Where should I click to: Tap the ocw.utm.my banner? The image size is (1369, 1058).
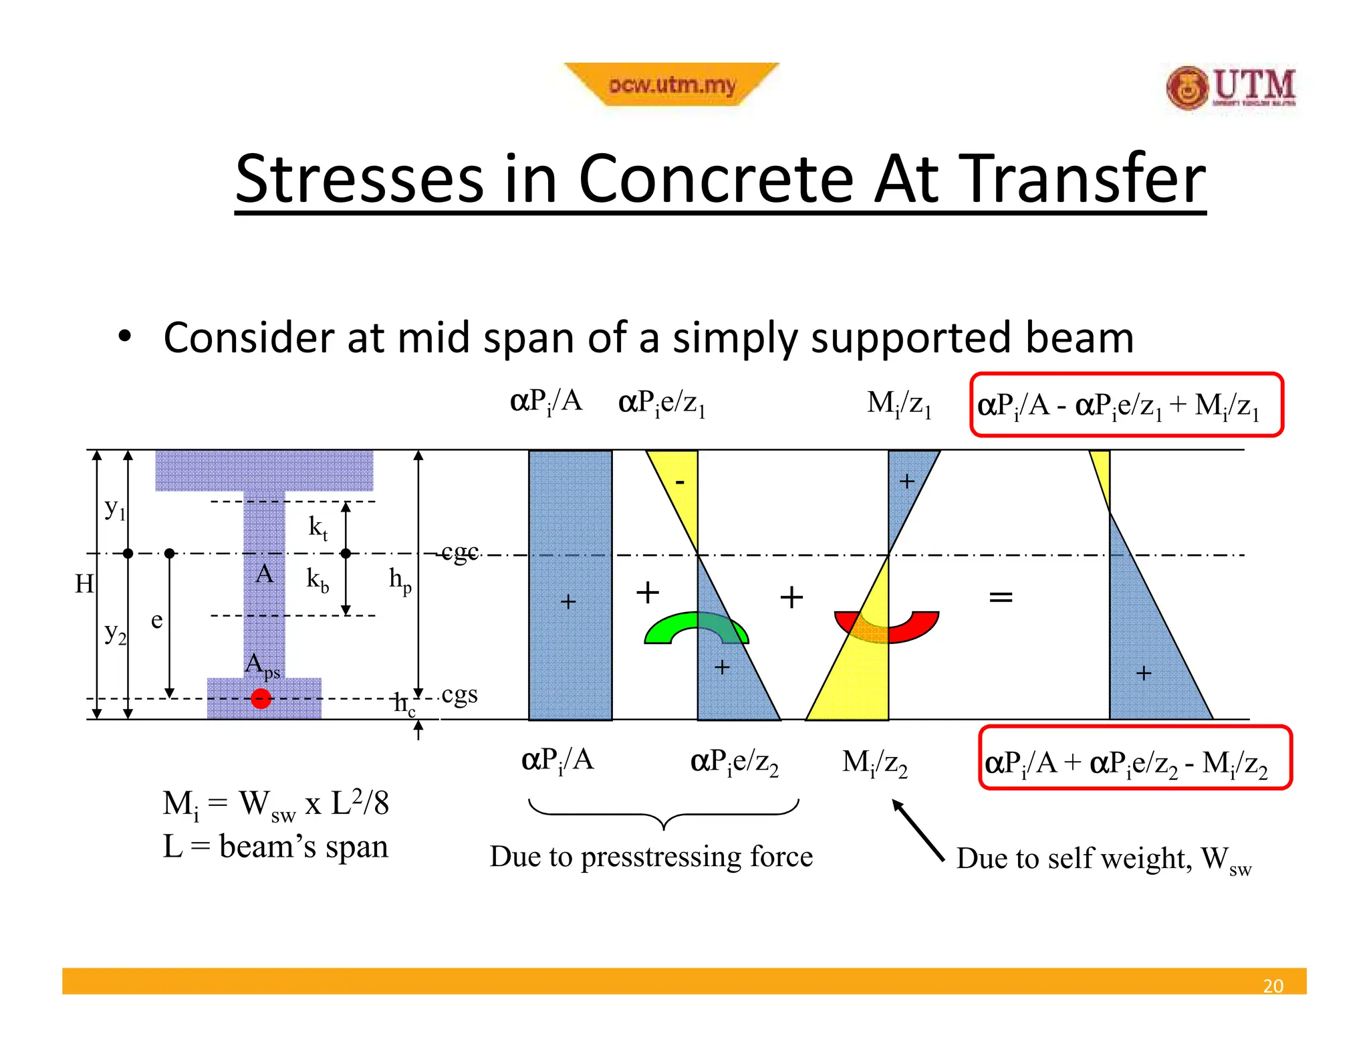(x=671, y=85)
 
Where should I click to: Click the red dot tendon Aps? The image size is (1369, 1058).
(x=261, y=699)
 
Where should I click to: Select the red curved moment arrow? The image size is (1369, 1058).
(x=888, y=627)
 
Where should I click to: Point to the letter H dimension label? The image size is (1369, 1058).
(x=84, y=584)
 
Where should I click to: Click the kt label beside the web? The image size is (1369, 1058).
(x=318, y=527)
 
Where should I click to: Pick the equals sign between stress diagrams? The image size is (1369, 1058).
(x=1001, y=597)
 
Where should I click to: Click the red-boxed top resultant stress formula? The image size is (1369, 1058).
(x=1126, y=405)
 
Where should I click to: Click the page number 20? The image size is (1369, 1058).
(x=1273, y=985)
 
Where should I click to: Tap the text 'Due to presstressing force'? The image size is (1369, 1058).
(x=651, y=857)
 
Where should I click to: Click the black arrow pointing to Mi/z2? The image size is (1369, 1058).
(x=918, y=829)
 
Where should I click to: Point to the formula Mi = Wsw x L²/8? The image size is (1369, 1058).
(x=275, y=804)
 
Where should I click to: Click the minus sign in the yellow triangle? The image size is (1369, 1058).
(x=680, y=482)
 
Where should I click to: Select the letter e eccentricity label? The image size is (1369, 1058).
(x=156, y=620)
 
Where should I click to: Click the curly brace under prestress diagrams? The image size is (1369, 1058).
(x=663, y=813)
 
